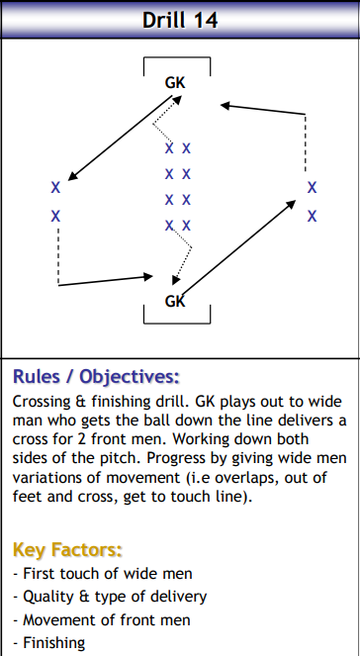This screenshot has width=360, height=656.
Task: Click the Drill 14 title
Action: pyautogui.click(x=179, y=19)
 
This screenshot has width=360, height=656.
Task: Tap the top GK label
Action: pyautogui.click(x=174, y=84)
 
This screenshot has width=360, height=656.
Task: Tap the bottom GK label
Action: pyautogui.click(x=174, y=301)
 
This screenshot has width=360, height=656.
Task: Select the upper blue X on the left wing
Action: pyautogui.click(x=55, y=187)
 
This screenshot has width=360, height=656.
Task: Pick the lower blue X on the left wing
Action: pyautogui.click(x=55, y=215)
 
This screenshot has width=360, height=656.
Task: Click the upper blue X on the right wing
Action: pyautogui.click(x=312, y=187)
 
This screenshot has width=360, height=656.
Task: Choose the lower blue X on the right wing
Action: pyautogui.click(x=312, y=215)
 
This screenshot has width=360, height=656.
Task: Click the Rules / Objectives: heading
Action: pyautogui.click(x=96, y=377)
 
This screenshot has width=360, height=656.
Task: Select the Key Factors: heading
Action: pyautogui.click(x=66, y=549)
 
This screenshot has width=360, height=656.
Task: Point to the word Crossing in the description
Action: pyautogui.click(x=45, y=403)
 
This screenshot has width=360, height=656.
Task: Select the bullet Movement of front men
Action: pyautogui.click(x=104, y=620)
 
